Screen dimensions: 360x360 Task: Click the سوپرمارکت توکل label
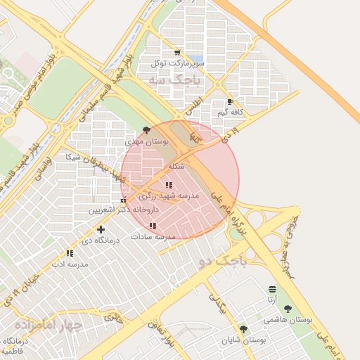tap(177, 63)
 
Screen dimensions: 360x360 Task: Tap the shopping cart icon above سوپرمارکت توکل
tap(176, 53)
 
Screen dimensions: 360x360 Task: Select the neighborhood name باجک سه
tap(174, 80)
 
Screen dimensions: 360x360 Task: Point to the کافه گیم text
tap(231, 112)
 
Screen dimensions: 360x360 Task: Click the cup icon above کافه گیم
tap(230, 102)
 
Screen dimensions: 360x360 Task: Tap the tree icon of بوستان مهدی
tap(146, 130)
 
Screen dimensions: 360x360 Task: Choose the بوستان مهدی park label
tap(143, 141)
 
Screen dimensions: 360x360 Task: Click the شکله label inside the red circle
tap(176, 167)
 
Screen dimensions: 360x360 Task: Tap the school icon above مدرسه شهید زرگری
tap(168, 185)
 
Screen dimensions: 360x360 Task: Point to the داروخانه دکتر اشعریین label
tap(124, 210)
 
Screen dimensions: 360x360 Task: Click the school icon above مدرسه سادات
tap(153, 226)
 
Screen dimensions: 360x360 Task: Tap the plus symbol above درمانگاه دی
tap(101, 229)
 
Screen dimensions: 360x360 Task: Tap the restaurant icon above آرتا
tap(272, 289)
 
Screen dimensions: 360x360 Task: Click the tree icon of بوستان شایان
tap(243, 329)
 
